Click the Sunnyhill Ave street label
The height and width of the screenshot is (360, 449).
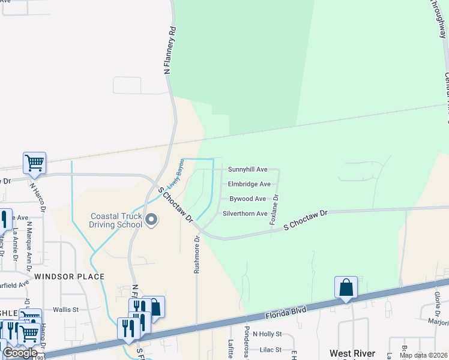coord(247,170)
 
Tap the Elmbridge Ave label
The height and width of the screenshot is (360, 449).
coord(249,184)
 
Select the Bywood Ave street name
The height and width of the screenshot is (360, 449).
coord(247,199)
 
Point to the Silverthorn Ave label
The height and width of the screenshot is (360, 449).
coord(245,214)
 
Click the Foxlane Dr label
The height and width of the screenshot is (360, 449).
coord(274,209)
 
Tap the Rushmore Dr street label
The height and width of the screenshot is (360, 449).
coord(196,254)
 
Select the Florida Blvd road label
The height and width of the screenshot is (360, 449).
coord(285,311)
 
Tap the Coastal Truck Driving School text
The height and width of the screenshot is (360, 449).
coord(116,221)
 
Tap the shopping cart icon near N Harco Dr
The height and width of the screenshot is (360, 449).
coord(34,162)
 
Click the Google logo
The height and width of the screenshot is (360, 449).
coord(20,353)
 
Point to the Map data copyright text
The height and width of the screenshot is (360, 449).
coord(423,355)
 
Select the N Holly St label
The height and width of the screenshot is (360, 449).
coord(267,334)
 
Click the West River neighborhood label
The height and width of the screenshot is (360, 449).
coord(352,353)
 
